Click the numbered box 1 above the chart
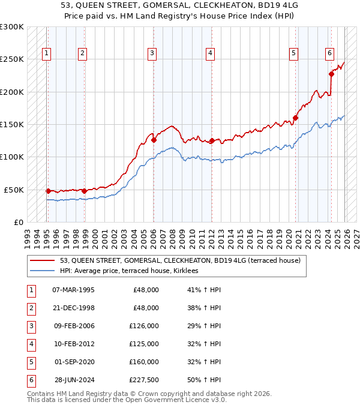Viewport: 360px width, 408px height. coord(46,53)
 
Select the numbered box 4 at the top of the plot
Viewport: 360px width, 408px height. coord(211,53)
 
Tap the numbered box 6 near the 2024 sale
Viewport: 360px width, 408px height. coord(330,53)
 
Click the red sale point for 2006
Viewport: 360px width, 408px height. coord(154,140)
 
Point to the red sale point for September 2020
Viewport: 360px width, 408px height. coord(295,118)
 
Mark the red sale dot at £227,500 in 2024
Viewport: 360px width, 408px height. coord(331,74)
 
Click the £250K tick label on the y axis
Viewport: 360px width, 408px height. coord(12,59)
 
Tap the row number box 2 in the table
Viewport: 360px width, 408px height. coord(30,308)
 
